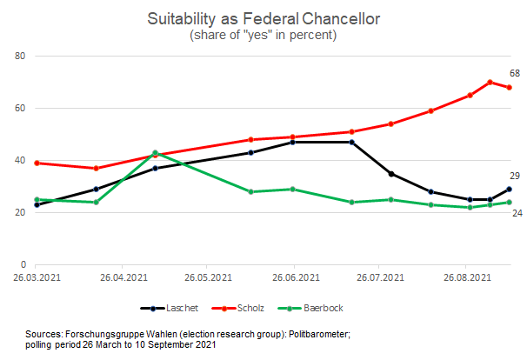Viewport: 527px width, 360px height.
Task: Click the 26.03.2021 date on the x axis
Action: click(x=37, y=277)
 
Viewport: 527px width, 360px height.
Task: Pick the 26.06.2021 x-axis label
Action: click(x=294, y=277)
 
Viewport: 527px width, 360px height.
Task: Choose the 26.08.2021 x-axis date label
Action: click(x=465, y=277)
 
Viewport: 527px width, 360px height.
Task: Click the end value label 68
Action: click(x=515, y=74)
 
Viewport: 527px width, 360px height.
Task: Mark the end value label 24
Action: click(x=515, y=213)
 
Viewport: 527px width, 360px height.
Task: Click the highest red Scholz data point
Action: click(x=490, y=83)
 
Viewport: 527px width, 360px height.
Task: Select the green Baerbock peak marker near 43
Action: click(x=155, y=153)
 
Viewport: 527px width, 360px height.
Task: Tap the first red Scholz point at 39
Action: click(x=37, y=163)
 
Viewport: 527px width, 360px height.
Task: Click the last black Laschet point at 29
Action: click(x=509, y=189)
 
